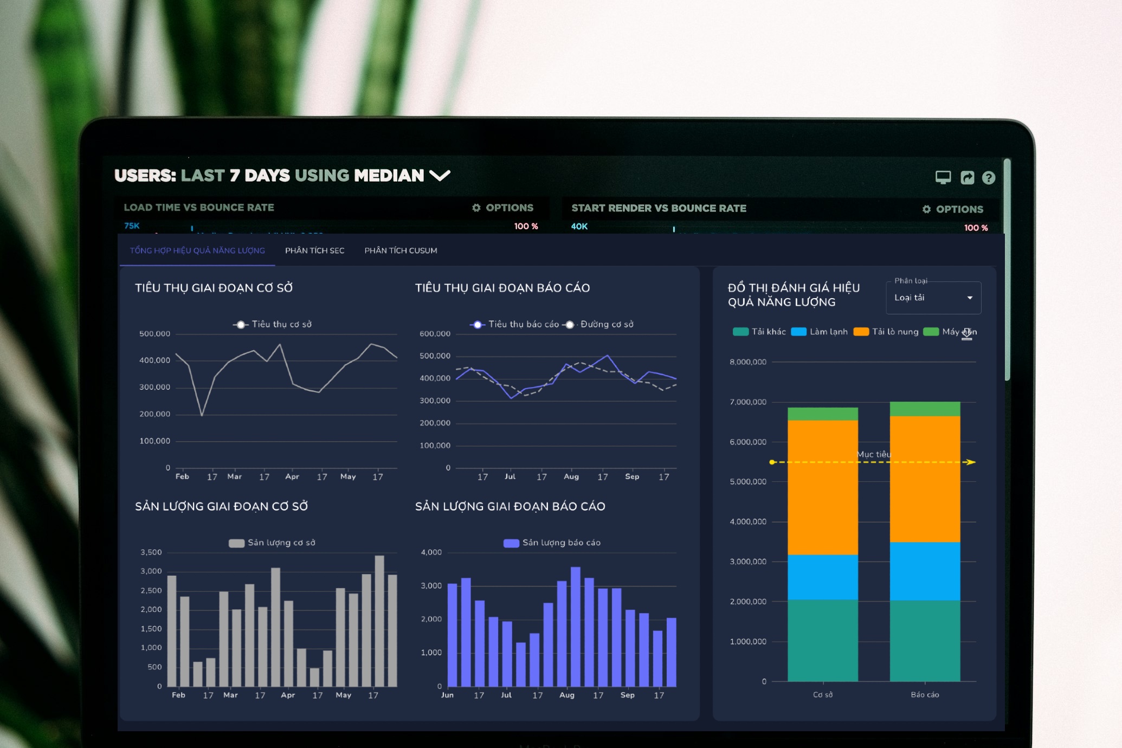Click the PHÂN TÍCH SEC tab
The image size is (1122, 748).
pos(314,250)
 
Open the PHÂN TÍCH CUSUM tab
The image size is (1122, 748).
pos(401,250)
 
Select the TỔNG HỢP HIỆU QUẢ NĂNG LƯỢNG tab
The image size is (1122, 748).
pos(197,250)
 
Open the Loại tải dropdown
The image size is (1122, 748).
pos(933,298)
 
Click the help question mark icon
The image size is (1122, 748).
pos(988,178)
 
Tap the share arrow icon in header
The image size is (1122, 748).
pos(967,178)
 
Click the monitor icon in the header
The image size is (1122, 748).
pos(943,177)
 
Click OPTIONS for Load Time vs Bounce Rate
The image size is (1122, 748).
pos(502,208)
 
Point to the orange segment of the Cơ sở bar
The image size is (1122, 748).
pos(822,488)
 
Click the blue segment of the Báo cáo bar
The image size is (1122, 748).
pos(925,571)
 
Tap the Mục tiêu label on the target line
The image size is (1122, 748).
pos(873,454)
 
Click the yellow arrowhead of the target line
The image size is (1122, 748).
pos(971,462)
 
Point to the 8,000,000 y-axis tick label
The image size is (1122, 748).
pos(748,362)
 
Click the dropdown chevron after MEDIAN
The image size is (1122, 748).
pos(440,175)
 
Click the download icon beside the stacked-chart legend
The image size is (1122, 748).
pos(966,334)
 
